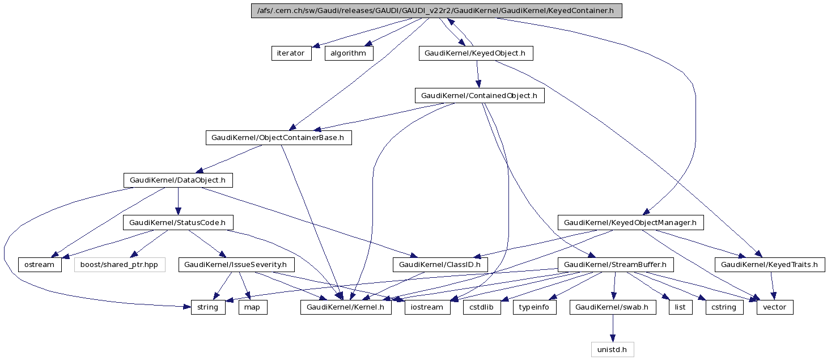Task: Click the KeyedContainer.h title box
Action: pos(436,11)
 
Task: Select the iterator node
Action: pos(291,53)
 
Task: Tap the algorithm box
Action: pos(349,53)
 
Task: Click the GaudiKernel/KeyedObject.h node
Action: pos(476,53)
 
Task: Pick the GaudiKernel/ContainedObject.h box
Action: pos(480,95)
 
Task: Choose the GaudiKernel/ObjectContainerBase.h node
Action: pos(278,138)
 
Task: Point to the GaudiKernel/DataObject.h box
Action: pos(178,180)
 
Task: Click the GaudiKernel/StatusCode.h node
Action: pos(178,223)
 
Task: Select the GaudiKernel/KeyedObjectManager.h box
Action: pos(630,223)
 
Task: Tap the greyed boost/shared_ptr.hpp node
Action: pos(120,265)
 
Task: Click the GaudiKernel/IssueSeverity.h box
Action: pos(236,265)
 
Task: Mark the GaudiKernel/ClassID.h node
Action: pos(440,265)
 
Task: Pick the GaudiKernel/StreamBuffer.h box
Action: pos(616,265)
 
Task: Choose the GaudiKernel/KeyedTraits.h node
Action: pos(770,265)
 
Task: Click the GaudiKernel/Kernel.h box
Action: pos(346,307)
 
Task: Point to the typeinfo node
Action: pos(535,307)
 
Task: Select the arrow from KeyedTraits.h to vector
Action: pos(772,286)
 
